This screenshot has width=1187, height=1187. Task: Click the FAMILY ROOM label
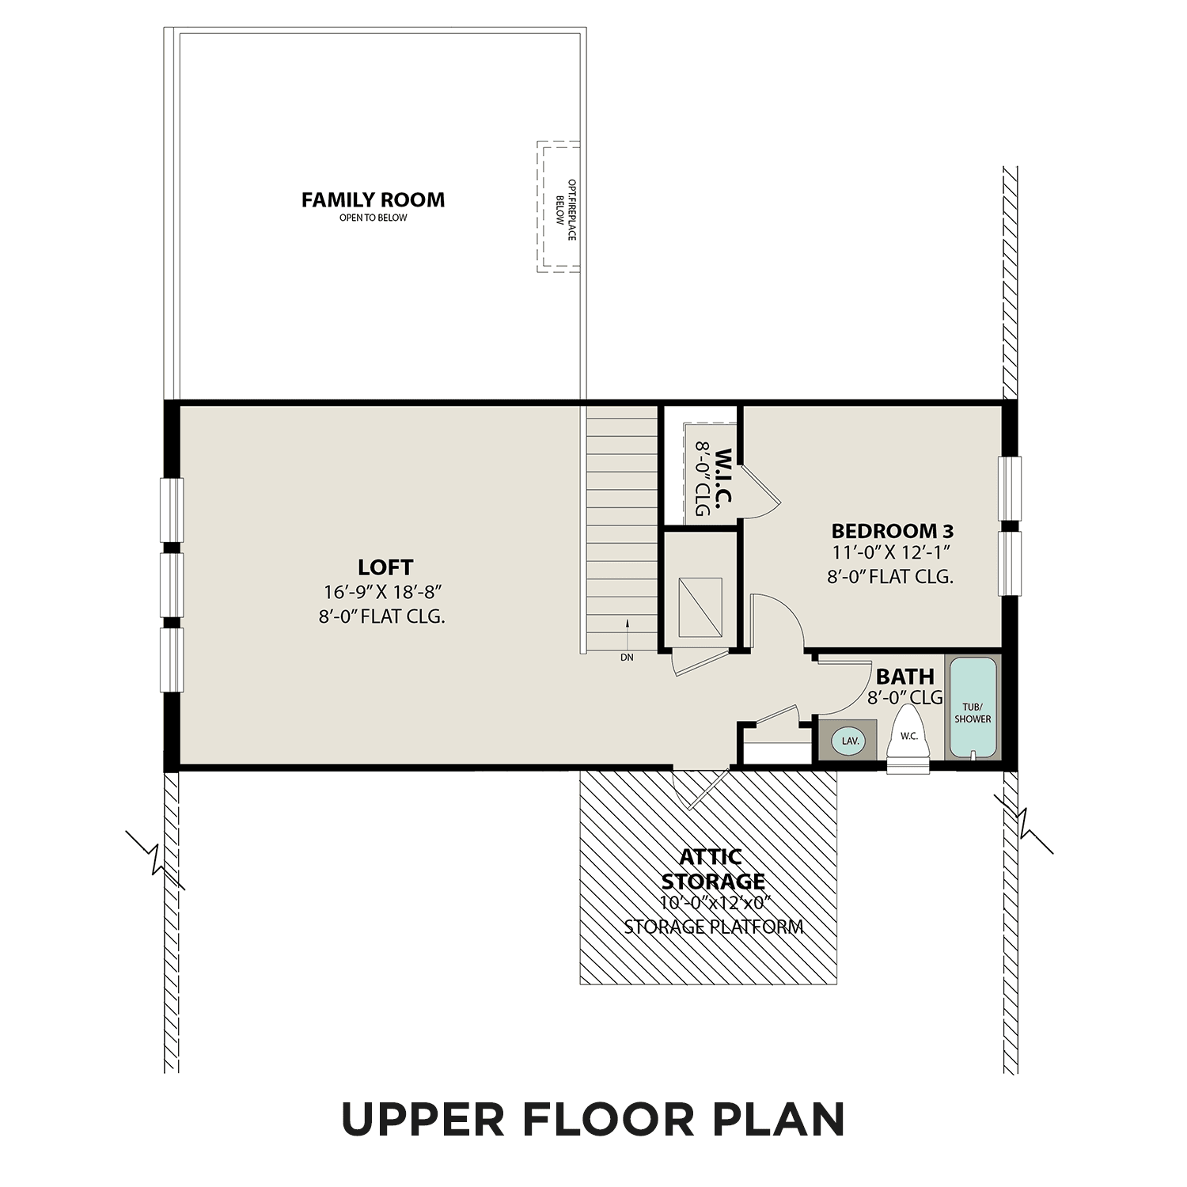tap(373, 200)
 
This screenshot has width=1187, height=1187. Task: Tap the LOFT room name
tap(385, 567)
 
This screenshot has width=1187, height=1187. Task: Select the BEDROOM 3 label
tap(892, 530)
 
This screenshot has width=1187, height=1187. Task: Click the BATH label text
tap(904, 677)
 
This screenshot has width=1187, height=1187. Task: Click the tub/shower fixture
tap(973, 708)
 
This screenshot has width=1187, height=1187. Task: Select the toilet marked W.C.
tap(908, 740)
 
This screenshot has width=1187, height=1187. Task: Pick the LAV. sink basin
tap(850, 741)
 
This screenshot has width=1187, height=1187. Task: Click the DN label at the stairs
tap(627, 657)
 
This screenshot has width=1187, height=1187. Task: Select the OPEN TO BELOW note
tap(373, 218)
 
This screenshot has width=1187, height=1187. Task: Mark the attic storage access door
tap(698, 787)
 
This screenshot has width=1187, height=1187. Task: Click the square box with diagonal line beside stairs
tap(700, 607)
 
